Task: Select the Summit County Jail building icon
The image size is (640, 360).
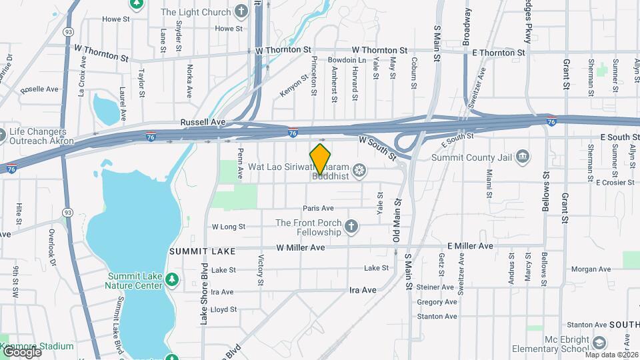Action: (x=524, y=157)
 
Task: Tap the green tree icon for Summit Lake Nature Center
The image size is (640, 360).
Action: (x=173, y=279)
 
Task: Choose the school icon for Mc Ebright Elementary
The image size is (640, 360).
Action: (x=600, y=343)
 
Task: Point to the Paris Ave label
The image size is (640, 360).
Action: (x=318, y=208)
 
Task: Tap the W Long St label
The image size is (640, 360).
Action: (x=229, y=227)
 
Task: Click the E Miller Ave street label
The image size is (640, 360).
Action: (x=470, y=246)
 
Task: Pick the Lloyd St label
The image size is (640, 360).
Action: (x=223, y=309)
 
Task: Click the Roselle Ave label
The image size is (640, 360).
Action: (x=39, y=89)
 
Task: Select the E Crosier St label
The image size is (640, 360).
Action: (x=615, y=182)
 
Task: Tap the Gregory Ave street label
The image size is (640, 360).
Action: (x=437, y=302)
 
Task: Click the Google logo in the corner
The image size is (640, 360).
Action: (x=21, y=351)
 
